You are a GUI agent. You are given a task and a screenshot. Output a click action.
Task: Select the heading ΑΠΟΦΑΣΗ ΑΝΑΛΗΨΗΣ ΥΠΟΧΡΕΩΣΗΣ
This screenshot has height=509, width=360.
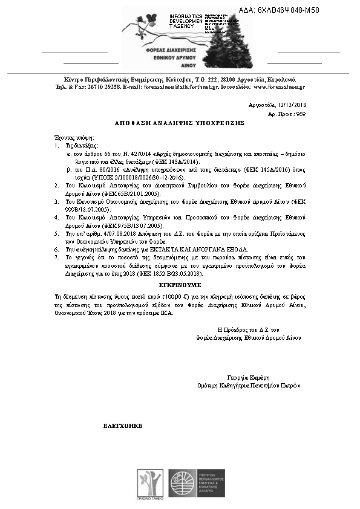click(x=179, y=122)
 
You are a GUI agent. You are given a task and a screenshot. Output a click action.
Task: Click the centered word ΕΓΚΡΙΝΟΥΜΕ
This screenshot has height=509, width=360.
click(x=180, y=284)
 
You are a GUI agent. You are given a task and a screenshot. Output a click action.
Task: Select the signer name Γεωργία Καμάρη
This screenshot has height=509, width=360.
click(x=248, y=377)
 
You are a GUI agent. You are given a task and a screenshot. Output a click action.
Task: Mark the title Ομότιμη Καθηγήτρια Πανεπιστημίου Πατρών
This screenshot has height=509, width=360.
click(x=249, y=385)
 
